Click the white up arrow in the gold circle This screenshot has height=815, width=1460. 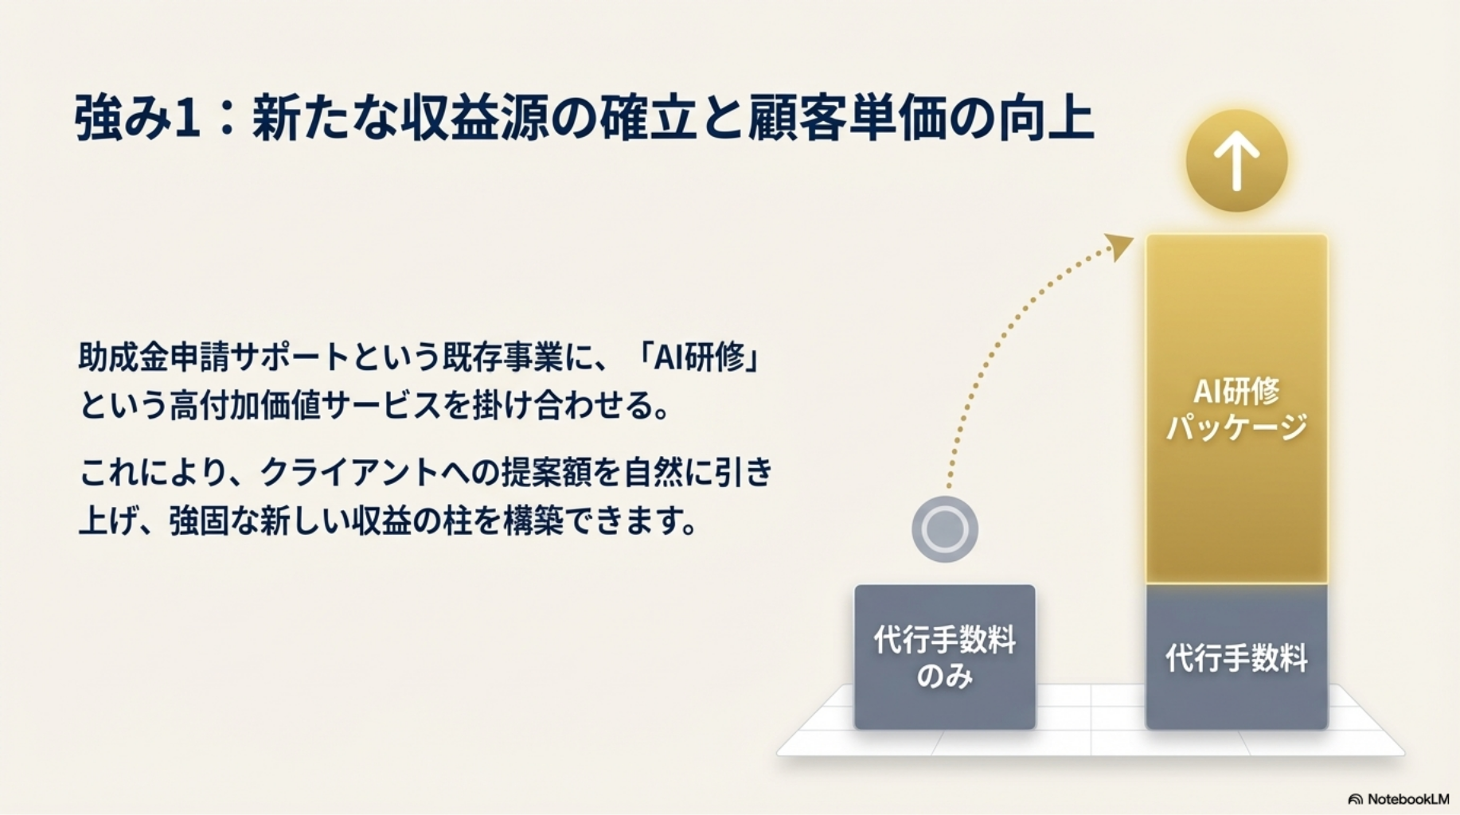click(1236, 161)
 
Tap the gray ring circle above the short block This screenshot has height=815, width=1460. click(945, 529)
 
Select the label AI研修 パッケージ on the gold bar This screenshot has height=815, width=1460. click(1236, 409)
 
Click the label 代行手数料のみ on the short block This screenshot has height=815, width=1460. click(945, 657)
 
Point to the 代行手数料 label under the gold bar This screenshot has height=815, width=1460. click(1236, 658)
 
